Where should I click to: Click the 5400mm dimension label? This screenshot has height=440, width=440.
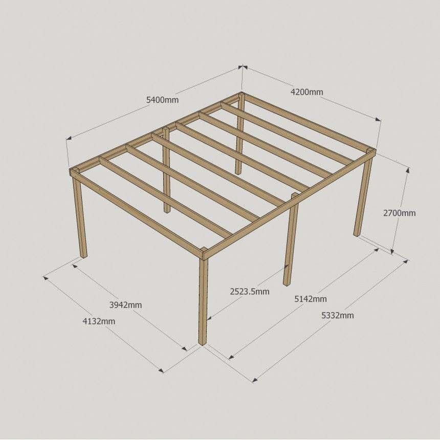(x=162, y=100)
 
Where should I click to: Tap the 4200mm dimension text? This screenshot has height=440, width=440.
(x=306, y=92)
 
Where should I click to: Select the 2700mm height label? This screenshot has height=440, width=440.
(x=399, y=213)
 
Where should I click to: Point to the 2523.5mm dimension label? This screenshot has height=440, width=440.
(x=250, y=292)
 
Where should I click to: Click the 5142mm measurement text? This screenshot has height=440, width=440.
(x=311, y=299)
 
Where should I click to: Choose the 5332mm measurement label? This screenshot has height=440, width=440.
(x=338, y=315)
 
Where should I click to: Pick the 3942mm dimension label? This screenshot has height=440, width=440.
(x=125, y=305)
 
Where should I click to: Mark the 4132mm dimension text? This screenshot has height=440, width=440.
(x=99, y=321)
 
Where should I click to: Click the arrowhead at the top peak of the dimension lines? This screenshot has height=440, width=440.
(x=242, y=67)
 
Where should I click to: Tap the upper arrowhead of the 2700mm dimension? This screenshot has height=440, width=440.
(x=408, y=170)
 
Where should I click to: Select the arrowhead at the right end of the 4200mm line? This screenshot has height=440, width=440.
(x=378, y=120)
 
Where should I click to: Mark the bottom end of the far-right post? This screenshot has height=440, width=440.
(x=357, y=235)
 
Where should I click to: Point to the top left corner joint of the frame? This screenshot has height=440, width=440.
(x=74, y=172)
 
